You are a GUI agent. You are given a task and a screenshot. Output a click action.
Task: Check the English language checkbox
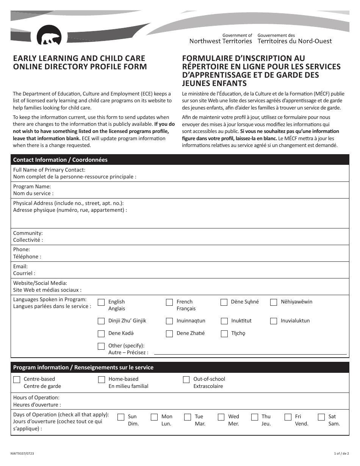(x=101, y=302)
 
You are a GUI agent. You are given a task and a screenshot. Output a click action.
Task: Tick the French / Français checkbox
(x=169, y=302)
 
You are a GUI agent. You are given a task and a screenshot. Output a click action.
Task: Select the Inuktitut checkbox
(x=224, y=321)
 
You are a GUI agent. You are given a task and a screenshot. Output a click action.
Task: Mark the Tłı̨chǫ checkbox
(x=224, y=334)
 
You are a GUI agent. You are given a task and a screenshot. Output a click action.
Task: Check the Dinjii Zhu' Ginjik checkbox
(x=101, y=321)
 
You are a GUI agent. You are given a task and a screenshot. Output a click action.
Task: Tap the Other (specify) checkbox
(x=101, y=346)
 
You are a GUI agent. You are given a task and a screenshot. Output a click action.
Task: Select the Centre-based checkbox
(x=17, y=380)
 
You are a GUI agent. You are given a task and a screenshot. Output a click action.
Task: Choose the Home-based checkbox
(x=102, y=380)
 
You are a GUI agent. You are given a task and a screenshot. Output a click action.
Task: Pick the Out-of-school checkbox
(x=186, y=380)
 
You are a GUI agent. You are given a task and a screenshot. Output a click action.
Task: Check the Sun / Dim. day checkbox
(x=121, y=417)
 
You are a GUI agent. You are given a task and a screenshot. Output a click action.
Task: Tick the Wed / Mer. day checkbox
(x=221, y=417)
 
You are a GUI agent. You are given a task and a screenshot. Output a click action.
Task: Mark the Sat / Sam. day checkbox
(x=321, y=417)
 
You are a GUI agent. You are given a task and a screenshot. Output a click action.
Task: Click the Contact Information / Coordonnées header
(x=60, y=160)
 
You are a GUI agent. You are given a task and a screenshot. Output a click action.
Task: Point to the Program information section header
(x=83, y=367)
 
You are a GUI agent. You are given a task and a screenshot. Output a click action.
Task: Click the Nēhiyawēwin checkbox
(x=274, y=302)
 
